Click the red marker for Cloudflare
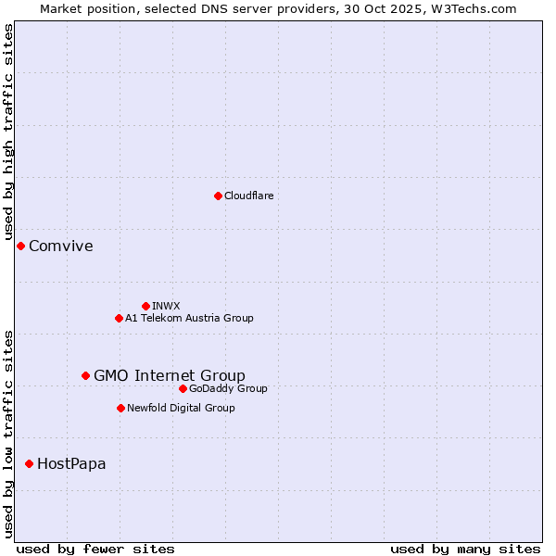click(x=218, y=196)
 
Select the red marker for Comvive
click(x=20, y=246)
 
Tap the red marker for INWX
click(x=145, y=306)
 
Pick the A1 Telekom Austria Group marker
click(x=119, y=318)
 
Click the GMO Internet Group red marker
click(x=85, y=375)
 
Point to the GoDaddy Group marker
click(x=183, y=388)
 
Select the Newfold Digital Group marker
click(x=120, y=408)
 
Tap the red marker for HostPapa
click(x=29, y=463)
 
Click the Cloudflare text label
click(x=248, y=196)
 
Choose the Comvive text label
click(x=61, y=246)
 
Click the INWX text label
click(x=166, y=306)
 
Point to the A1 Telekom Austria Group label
click(x=189, y=318)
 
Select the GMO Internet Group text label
click(x=170, y=375)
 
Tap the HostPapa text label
click(x=71, y=463)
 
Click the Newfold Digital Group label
click(x=181, y=408)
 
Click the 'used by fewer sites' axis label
click(x=95, y=549)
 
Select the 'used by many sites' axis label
click(x=465, y=549)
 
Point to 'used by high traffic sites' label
click(x=8, y=133)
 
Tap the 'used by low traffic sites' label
click(x=8, y=433)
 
